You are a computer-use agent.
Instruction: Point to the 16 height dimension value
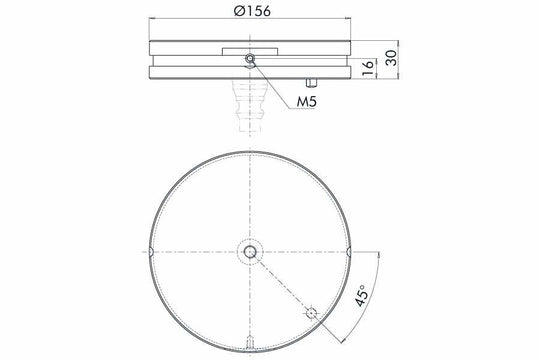[x=367, y=67]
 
